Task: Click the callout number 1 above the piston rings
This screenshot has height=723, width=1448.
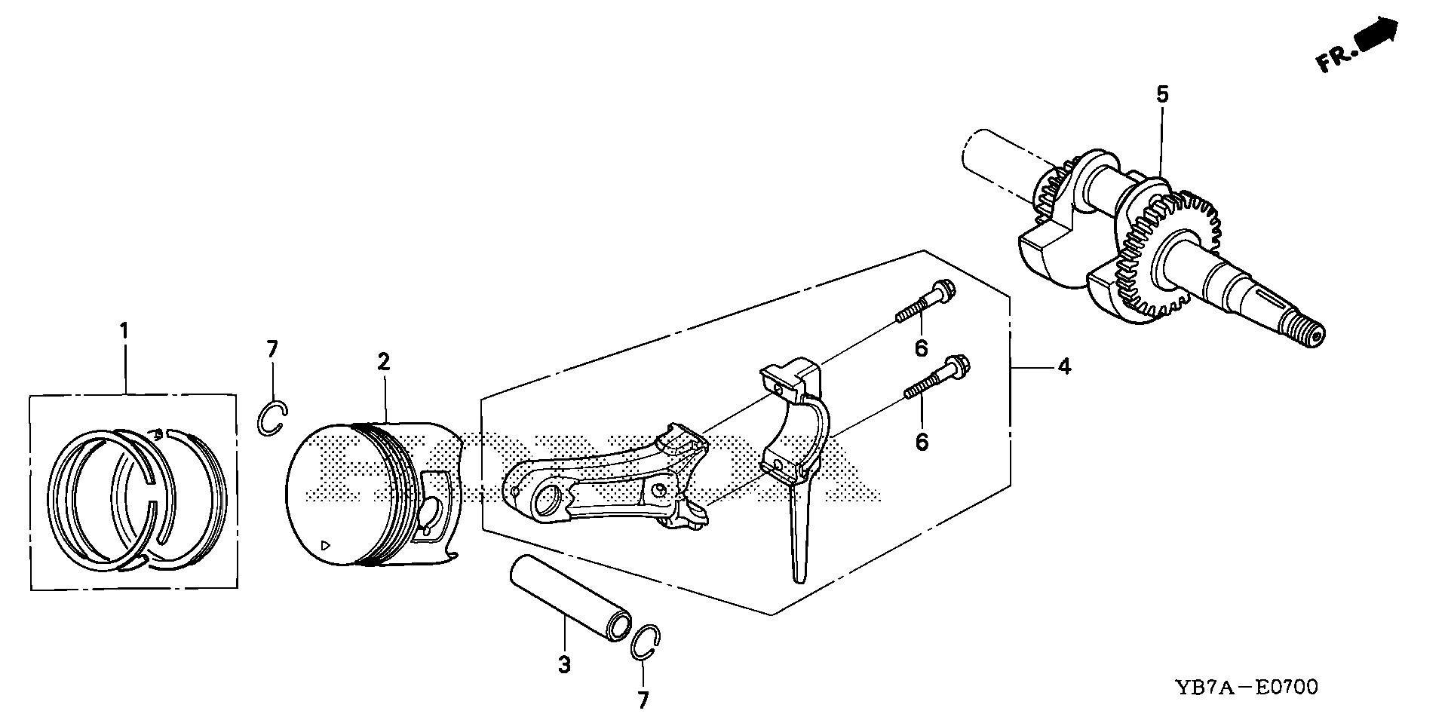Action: point(124,331)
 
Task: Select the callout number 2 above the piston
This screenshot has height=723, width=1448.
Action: point(384,362)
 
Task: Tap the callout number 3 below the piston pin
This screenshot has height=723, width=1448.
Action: point(564,665)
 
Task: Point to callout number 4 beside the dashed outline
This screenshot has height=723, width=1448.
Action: point(1063,367)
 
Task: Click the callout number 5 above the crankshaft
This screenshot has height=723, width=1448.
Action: point(1162,95)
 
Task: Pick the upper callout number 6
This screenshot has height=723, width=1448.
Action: point(921,348)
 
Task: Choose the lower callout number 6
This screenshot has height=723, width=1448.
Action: point(922,441)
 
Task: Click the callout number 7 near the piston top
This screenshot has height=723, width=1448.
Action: point(272,349)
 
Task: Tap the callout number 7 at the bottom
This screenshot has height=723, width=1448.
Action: point(643,700)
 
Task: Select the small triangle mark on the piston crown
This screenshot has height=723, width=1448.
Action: point(325,544)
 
